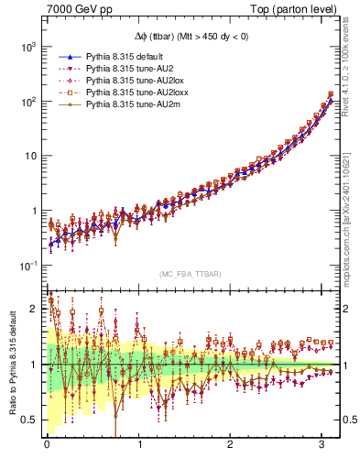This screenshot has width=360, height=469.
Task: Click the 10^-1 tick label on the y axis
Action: pyautogui.click(x=27, y=266)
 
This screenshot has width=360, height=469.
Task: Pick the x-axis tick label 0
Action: pyautogui.click(x=47, y=447)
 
